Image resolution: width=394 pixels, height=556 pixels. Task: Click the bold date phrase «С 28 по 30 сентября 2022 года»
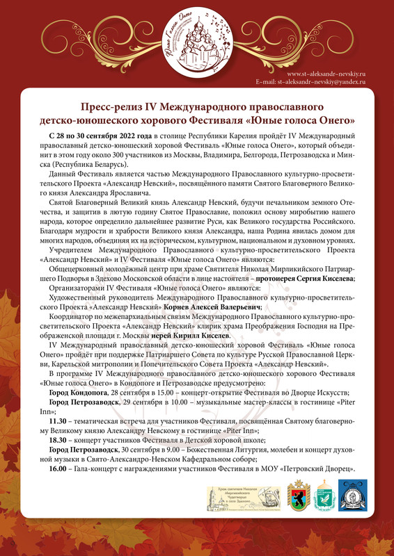point(101,136)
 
